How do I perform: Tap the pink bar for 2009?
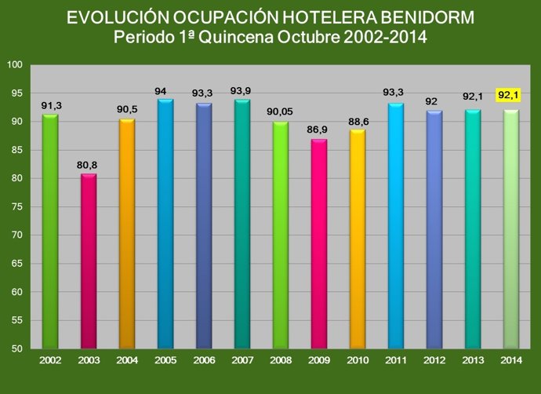click(x=318, y=244)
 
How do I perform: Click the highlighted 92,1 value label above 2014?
click(x=510, y=96)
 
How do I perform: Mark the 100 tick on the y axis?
click(x=14, y=65)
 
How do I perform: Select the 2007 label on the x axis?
click(x=241, y=360)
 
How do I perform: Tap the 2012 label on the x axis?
click(x=434, y=360)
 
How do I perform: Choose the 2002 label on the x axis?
click(x=50, y=360)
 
